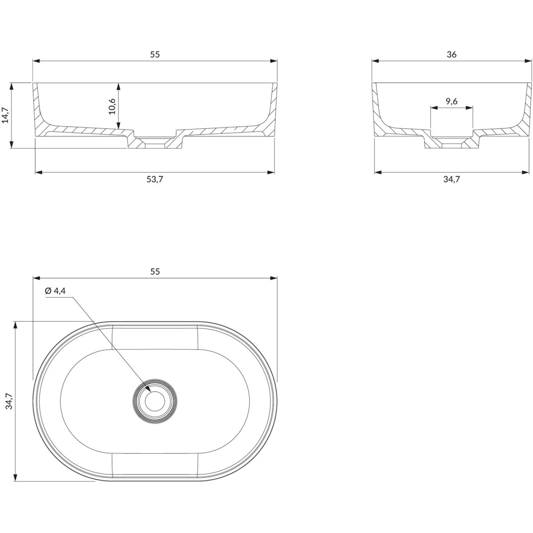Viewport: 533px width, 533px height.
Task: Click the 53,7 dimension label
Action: coord(155,179)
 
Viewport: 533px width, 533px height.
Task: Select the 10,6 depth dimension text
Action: coord(112,106)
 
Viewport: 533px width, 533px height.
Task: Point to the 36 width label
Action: coord(452,55)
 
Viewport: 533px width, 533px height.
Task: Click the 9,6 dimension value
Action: coord(452,102)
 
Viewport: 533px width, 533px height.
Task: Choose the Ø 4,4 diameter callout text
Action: coord(56,291)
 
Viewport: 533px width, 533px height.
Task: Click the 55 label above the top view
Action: coord(155,272)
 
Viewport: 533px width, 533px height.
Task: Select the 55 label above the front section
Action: coord(155,55)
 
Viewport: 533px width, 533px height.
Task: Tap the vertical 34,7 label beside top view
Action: coord(9,401)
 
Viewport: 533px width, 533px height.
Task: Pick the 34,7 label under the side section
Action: coord(452,179)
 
